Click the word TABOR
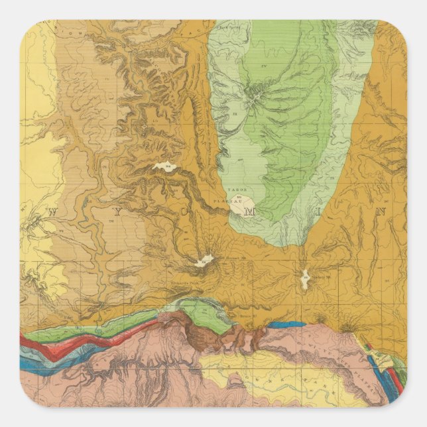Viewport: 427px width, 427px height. pyautogui.click(x=236, y=190)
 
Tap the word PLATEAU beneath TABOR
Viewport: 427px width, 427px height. pyautogui.click(x=236, y=197)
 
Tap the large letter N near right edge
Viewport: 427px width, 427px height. pyautogui.click(x=381, y=212)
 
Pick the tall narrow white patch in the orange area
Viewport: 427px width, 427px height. pyautogui.click(x=304, y=279)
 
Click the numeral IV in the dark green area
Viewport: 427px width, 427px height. pyautogui.click(x=263, y=65)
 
